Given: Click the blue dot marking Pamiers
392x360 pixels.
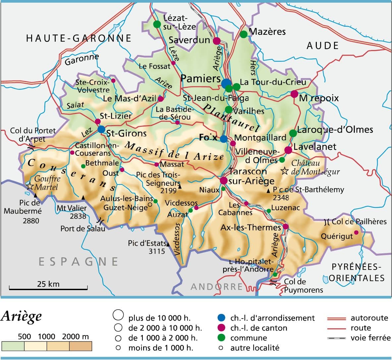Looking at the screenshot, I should (226, 83).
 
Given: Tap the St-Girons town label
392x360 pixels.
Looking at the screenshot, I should (126, 133).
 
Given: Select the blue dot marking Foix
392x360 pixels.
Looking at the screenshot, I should (224, 139).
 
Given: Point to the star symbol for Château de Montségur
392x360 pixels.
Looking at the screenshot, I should (285, 171).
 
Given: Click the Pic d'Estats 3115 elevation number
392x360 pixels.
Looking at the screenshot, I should (156, 251).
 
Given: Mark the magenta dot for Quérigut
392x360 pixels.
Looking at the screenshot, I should (356, 232).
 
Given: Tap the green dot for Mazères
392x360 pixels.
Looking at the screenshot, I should (244, 34).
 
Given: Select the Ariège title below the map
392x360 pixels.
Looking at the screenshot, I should (21, 316).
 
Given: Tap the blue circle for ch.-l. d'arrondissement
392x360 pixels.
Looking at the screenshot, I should (221, 318).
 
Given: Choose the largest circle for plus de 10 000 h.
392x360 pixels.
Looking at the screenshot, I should (118, 315).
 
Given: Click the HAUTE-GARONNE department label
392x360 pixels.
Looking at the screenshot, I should (79, 38).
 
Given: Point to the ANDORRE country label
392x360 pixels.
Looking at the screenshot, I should (217, 286).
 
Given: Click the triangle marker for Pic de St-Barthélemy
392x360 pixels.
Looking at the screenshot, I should (268, 191).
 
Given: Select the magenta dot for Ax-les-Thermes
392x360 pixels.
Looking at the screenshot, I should (286, 227).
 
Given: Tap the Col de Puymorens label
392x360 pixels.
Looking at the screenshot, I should (303, 286).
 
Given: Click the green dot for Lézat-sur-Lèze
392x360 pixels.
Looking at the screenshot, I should (157, 24).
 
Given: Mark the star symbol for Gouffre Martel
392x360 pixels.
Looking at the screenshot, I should (30, 186).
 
